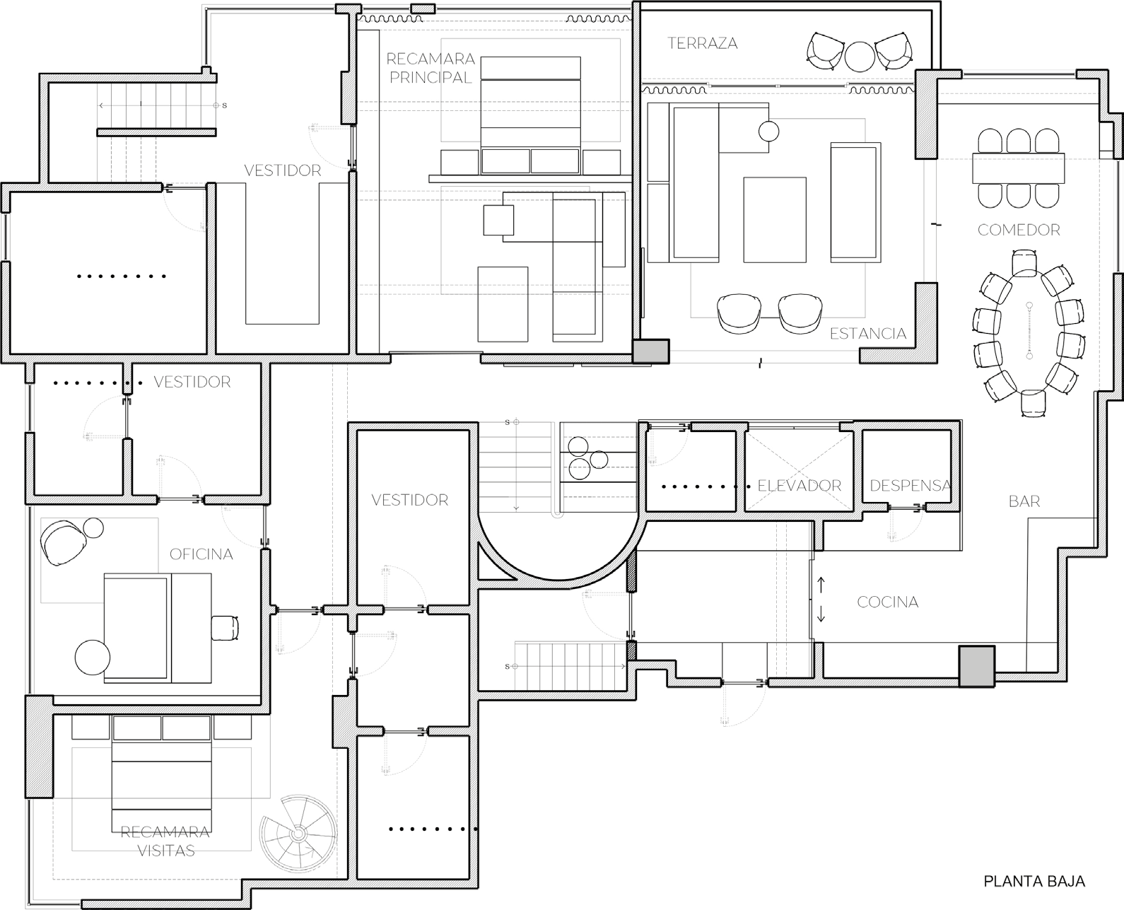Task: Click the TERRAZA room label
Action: (x=703, y=43)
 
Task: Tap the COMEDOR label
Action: (x=1019, y=230)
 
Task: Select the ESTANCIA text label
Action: (x=868, y=334)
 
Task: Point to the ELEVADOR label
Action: (x=800, y=486)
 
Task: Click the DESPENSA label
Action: (x=911, y=486)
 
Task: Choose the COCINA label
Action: (x=888, y=602)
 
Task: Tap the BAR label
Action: (x=1024, y=501)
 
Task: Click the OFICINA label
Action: (x=201, y=554)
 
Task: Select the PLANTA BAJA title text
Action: (x=1034, y=881)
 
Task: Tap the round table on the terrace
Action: (x=860, y=57)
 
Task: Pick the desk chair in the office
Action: (x=226, y=628)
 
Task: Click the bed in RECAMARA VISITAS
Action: (x=161, y=774)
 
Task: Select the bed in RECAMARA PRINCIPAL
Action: (x=530, y=115)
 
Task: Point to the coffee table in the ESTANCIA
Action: (x=775, y=220)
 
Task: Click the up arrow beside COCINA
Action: (x=821, y=585)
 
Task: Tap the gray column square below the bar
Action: (x=976, y=667)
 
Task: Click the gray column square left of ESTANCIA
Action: (x=650, y=351)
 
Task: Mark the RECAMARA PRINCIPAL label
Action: (x=431, y=69)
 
